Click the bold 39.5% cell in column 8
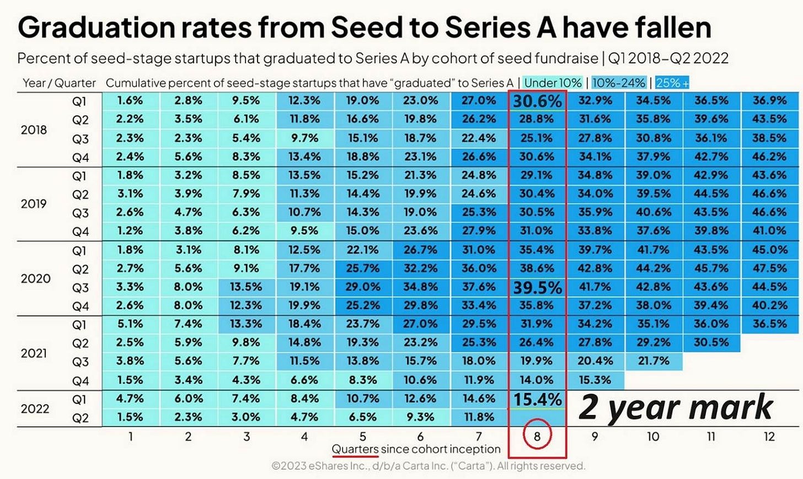(x=537, y=287)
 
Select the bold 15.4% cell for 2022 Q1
(x=537, y=399)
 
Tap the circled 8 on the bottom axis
(x=537, y=436)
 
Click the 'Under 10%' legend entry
(x=553, y=83)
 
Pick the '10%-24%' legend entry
(x=618, y=83)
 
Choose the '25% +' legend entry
(x=672, y=83)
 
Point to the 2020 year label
(x=35, y=278)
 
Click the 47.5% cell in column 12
(x=769, y=268)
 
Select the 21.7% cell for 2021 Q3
(x=653, y=361)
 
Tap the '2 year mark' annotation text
(x=675, y=407)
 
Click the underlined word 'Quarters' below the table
(x=355, y=449)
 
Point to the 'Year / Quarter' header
(x=59, y=83)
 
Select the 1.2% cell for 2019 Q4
(x=130, y=231)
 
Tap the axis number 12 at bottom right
(x=769, y=437)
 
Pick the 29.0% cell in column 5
(x=362, y=287)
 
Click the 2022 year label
(x=35, y=408)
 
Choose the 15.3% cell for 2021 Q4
(x=595, y=380)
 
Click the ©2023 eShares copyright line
(x=428, y=466)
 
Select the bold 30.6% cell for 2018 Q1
(x=537, y=101)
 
